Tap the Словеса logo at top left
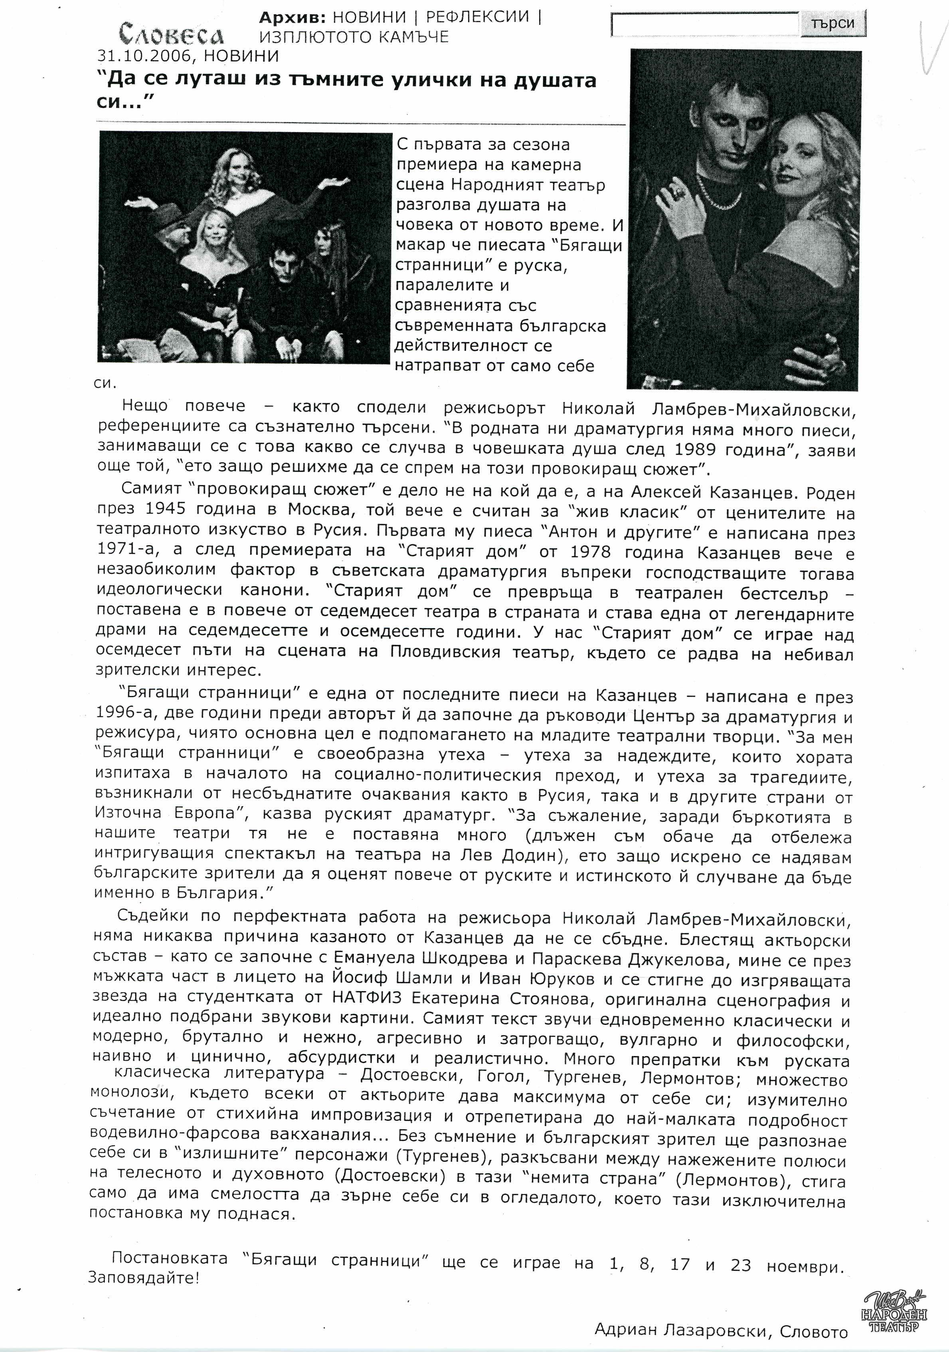(x=171, y=34)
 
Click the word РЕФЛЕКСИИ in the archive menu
(x=477, y=16)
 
